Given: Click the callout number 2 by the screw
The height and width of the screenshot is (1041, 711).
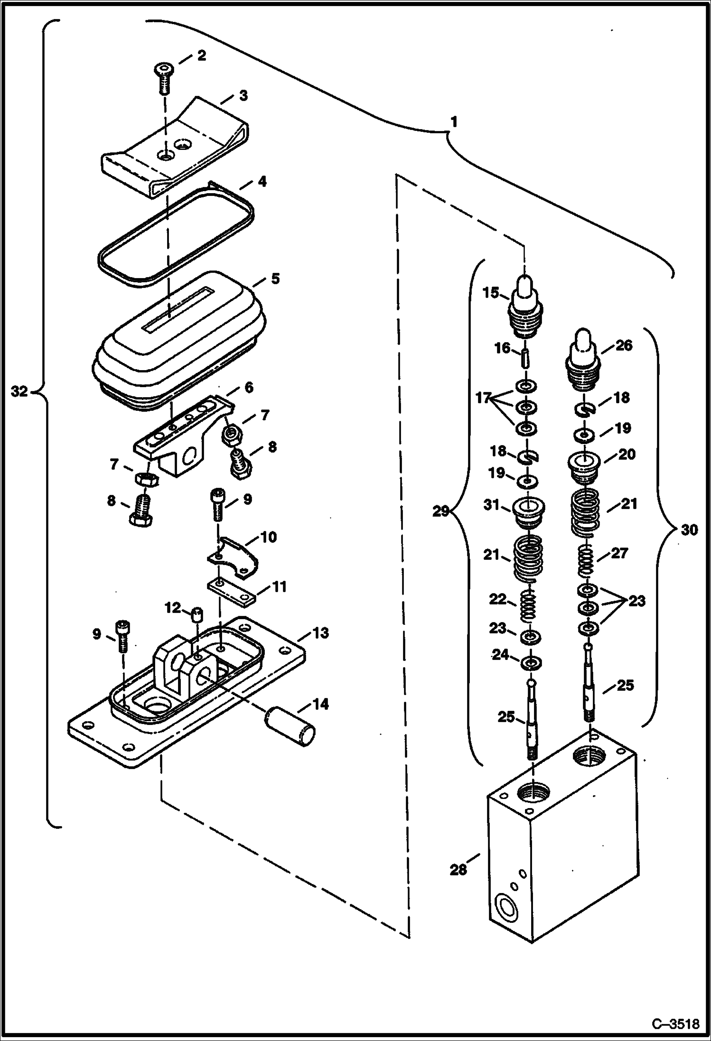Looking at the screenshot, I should click(x=201, y=56).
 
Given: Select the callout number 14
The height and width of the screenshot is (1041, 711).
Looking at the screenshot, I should click(x=320, y=704).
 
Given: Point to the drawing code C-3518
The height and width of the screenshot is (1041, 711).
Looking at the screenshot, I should click(x=675, y=1023).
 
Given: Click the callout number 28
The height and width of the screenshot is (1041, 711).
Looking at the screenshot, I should click(x=458, y=870).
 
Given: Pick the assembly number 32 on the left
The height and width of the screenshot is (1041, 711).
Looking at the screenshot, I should click(x=19, y=392).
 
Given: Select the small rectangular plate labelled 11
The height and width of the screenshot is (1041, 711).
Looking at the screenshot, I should click(x=231, y=593).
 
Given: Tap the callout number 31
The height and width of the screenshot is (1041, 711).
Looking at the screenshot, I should click(x=492, y=505).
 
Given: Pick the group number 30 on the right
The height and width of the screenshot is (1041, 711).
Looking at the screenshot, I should click(x=689, y=530).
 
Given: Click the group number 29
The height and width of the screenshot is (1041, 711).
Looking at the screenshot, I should click(x=440, y=512).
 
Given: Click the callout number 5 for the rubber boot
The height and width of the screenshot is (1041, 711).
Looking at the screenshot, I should click(x=275, y=279).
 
